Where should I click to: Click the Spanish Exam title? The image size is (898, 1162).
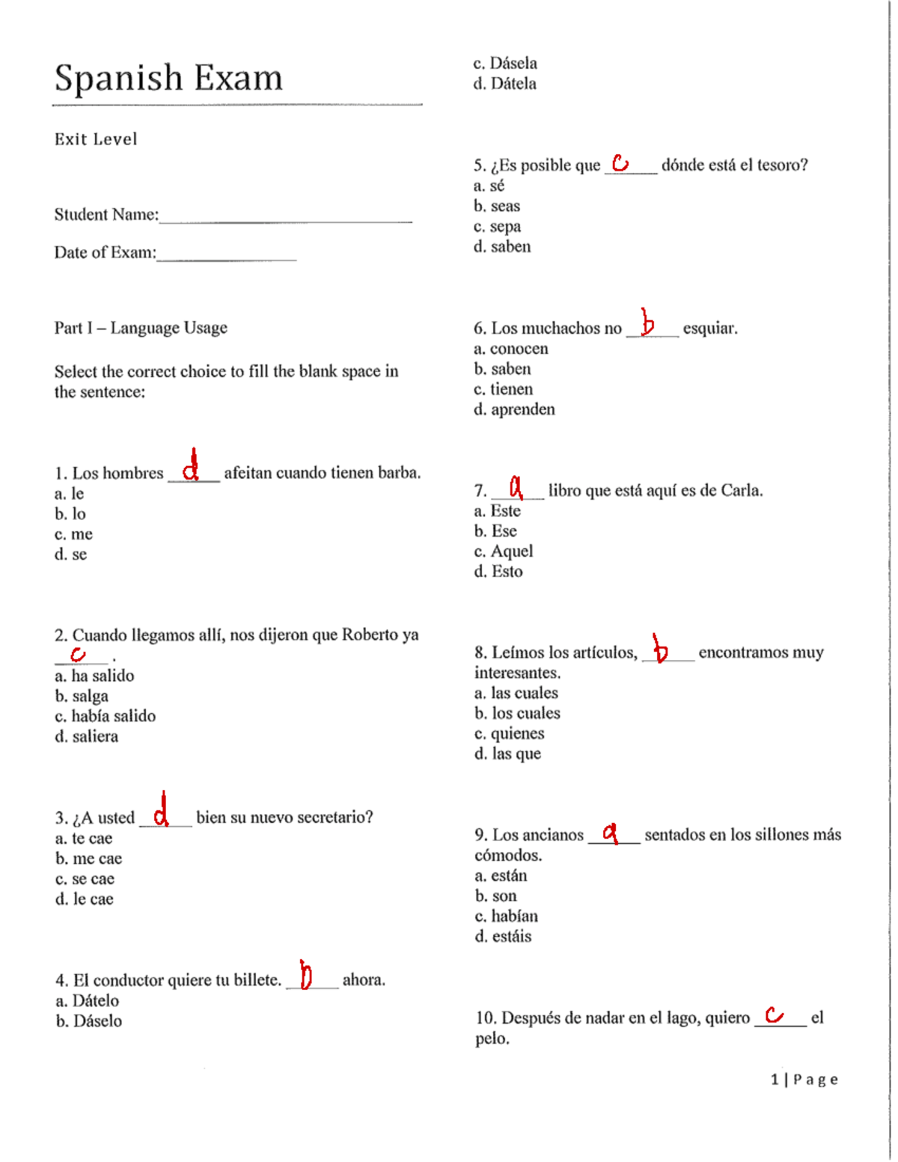pos(168,78)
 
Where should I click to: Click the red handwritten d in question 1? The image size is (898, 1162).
pos(192,467)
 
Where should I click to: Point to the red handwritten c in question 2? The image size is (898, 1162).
pos(78,655)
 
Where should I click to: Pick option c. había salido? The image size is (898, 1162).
pos(105,716)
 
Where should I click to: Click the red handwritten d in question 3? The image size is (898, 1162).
pos(161,810)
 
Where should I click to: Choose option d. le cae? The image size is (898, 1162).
pos(84,899)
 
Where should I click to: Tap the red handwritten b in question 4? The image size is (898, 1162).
pos(305,975)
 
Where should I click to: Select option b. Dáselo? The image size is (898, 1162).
pos(88,1021)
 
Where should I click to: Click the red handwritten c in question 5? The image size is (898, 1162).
pos(620,162)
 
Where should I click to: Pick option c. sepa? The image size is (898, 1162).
pos(497,226)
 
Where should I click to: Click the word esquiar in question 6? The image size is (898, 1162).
pos(709,328)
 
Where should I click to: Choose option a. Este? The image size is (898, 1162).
pos(497,511)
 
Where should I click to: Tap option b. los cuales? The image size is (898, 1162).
pos(517,713)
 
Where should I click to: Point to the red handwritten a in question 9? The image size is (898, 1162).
pos(611,832)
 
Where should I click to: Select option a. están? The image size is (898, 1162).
pos(501,875)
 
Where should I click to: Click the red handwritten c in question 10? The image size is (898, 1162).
pos(775,1015)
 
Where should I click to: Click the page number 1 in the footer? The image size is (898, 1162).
pos(775,1079)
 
